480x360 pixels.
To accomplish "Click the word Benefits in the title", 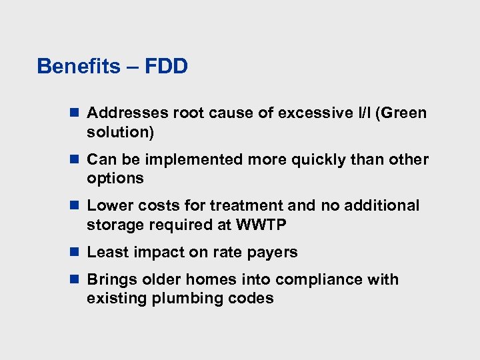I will point(78,67).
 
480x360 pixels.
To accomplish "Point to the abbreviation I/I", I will point(364,113).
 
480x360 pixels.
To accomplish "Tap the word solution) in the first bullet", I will point(120,133).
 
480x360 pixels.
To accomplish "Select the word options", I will point(115,179).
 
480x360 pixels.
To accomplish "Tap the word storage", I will point(114,225).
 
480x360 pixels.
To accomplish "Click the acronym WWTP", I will point(261,225).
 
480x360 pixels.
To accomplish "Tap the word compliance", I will point(322,280).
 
